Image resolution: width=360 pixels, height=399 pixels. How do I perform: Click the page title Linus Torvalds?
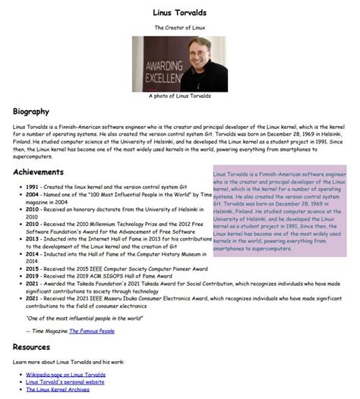coord(180,13)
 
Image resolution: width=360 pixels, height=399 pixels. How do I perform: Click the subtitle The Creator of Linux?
coord(180,27)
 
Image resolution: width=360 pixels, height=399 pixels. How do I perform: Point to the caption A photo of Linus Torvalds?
coord(180,97)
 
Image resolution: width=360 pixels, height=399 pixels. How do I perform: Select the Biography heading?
coord(31,112)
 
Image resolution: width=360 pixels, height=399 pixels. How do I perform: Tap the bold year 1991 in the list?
coord(31,186)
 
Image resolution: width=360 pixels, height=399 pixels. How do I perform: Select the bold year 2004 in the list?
coord(31,195)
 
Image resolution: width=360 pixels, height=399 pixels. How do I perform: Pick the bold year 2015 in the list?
coord(31,269)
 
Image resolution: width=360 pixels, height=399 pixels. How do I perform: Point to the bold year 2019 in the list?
coord(31,276)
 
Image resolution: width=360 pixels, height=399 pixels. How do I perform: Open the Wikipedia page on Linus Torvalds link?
coord(66,375)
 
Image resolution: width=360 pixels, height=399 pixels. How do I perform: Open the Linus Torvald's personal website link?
coord(65,382)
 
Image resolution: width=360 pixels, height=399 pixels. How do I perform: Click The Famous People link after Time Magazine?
coord(94,330)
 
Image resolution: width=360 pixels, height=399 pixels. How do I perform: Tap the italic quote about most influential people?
coord(84,318)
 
